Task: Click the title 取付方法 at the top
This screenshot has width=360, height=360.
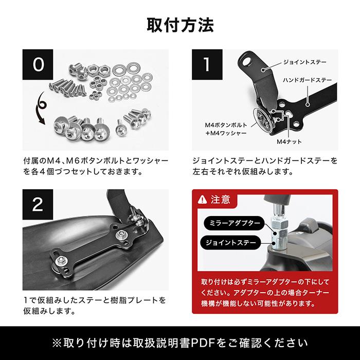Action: click(180, 25)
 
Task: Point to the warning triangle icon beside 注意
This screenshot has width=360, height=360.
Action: click(202, 199)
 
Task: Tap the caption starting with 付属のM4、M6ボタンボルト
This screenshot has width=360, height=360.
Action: click(96, 166)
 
